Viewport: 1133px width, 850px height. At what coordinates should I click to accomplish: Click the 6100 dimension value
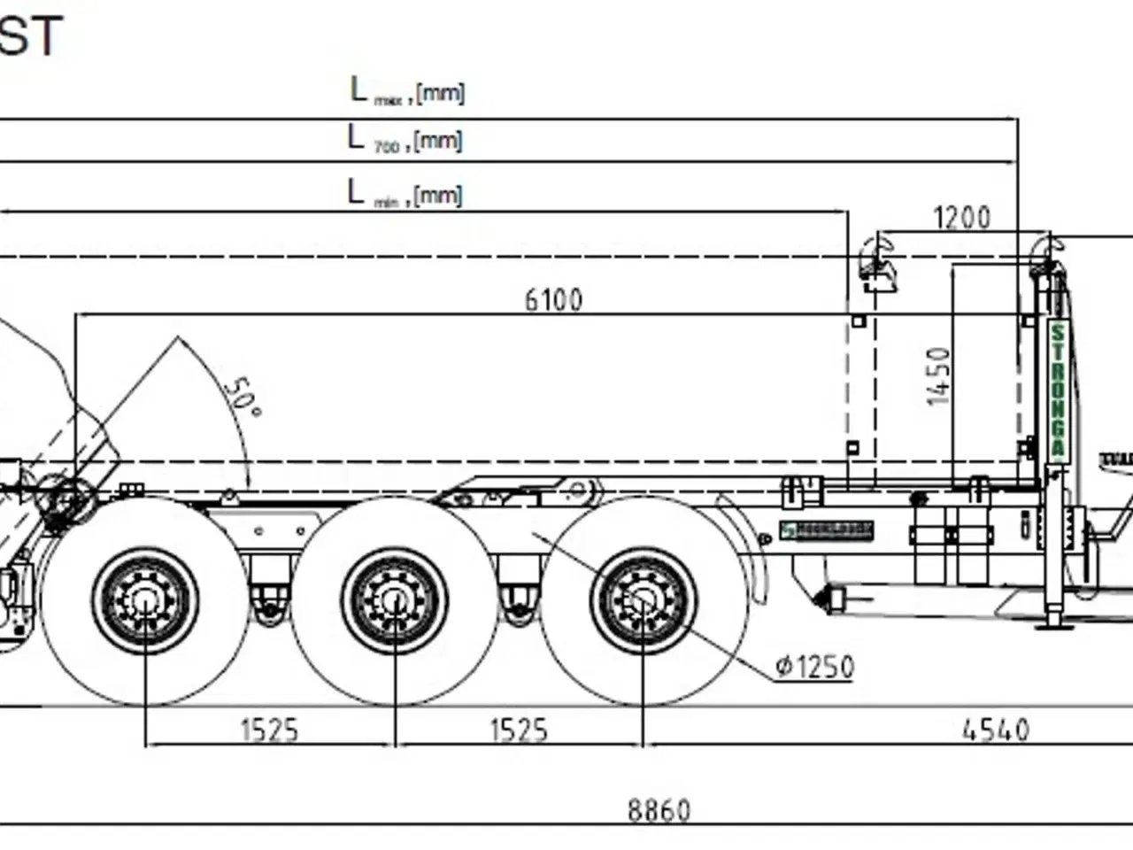coord(553,300)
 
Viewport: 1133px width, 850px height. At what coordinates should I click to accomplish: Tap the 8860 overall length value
coord(659,810)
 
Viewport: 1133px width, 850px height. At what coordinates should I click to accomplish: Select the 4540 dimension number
coord(996,730)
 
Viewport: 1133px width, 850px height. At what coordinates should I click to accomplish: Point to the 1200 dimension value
coord(961,217)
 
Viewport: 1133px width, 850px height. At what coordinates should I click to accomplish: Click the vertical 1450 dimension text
coord(938,376)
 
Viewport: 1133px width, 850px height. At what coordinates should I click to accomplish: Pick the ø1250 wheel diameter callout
coord(814,666)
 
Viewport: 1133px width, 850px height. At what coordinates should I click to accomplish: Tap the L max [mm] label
coord(407,90)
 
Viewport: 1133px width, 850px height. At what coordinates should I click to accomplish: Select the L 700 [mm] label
coord(405,139)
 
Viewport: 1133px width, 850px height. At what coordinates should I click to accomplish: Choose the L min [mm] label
coord(405,193)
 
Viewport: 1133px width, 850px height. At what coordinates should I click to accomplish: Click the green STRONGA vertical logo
coord(1057,390)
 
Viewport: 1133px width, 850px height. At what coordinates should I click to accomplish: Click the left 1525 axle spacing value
coord(269,730)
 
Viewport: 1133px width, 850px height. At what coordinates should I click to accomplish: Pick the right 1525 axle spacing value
coord(519,730)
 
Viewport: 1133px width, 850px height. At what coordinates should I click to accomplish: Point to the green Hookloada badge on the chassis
coord(827,530)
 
